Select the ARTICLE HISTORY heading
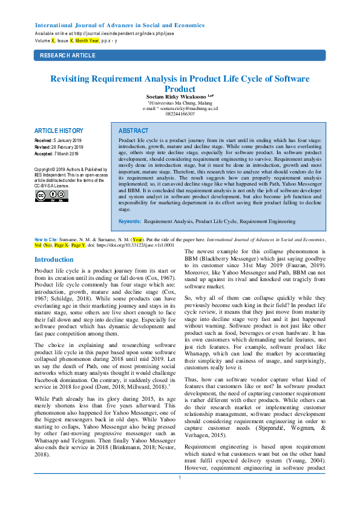(59, 131)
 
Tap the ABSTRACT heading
(133, 131)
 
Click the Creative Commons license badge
(51, 195)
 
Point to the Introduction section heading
(54, 259)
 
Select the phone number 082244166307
(180, 114)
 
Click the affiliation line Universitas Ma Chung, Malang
(180, 103)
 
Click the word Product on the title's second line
(180, 88)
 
